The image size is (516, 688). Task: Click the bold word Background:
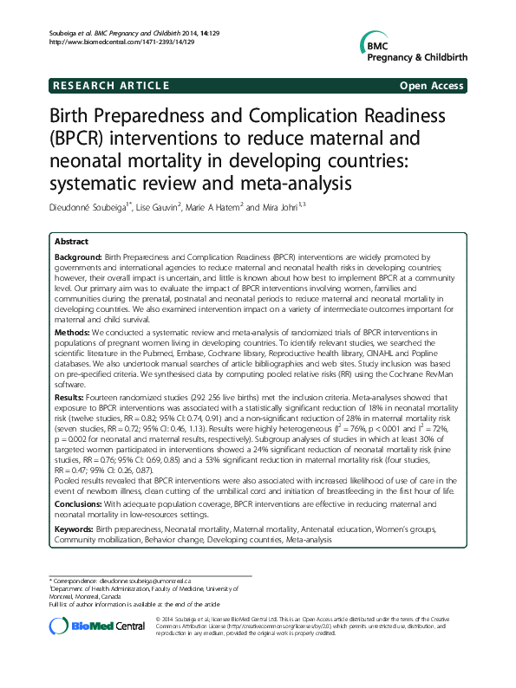(x=78, y=258)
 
